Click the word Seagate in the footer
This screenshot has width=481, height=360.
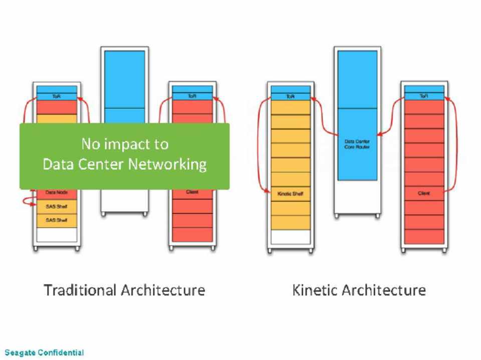20,352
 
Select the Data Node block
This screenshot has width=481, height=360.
57,193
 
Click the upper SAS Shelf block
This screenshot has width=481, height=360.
57,206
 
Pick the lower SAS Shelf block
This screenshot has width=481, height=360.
57,220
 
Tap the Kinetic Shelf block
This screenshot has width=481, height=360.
291,193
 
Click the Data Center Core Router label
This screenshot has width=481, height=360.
357,144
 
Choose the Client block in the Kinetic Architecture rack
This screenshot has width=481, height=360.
424,193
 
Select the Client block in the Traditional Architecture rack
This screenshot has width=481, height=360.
192,192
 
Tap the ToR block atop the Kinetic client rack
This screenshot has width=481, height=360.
424,96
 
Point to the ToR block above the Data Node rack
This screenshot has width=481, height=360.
57,96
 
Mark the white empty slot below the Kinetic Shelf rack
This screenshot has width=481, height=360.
291,236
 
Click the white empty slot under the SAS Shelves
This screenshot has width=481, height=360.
57,235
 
